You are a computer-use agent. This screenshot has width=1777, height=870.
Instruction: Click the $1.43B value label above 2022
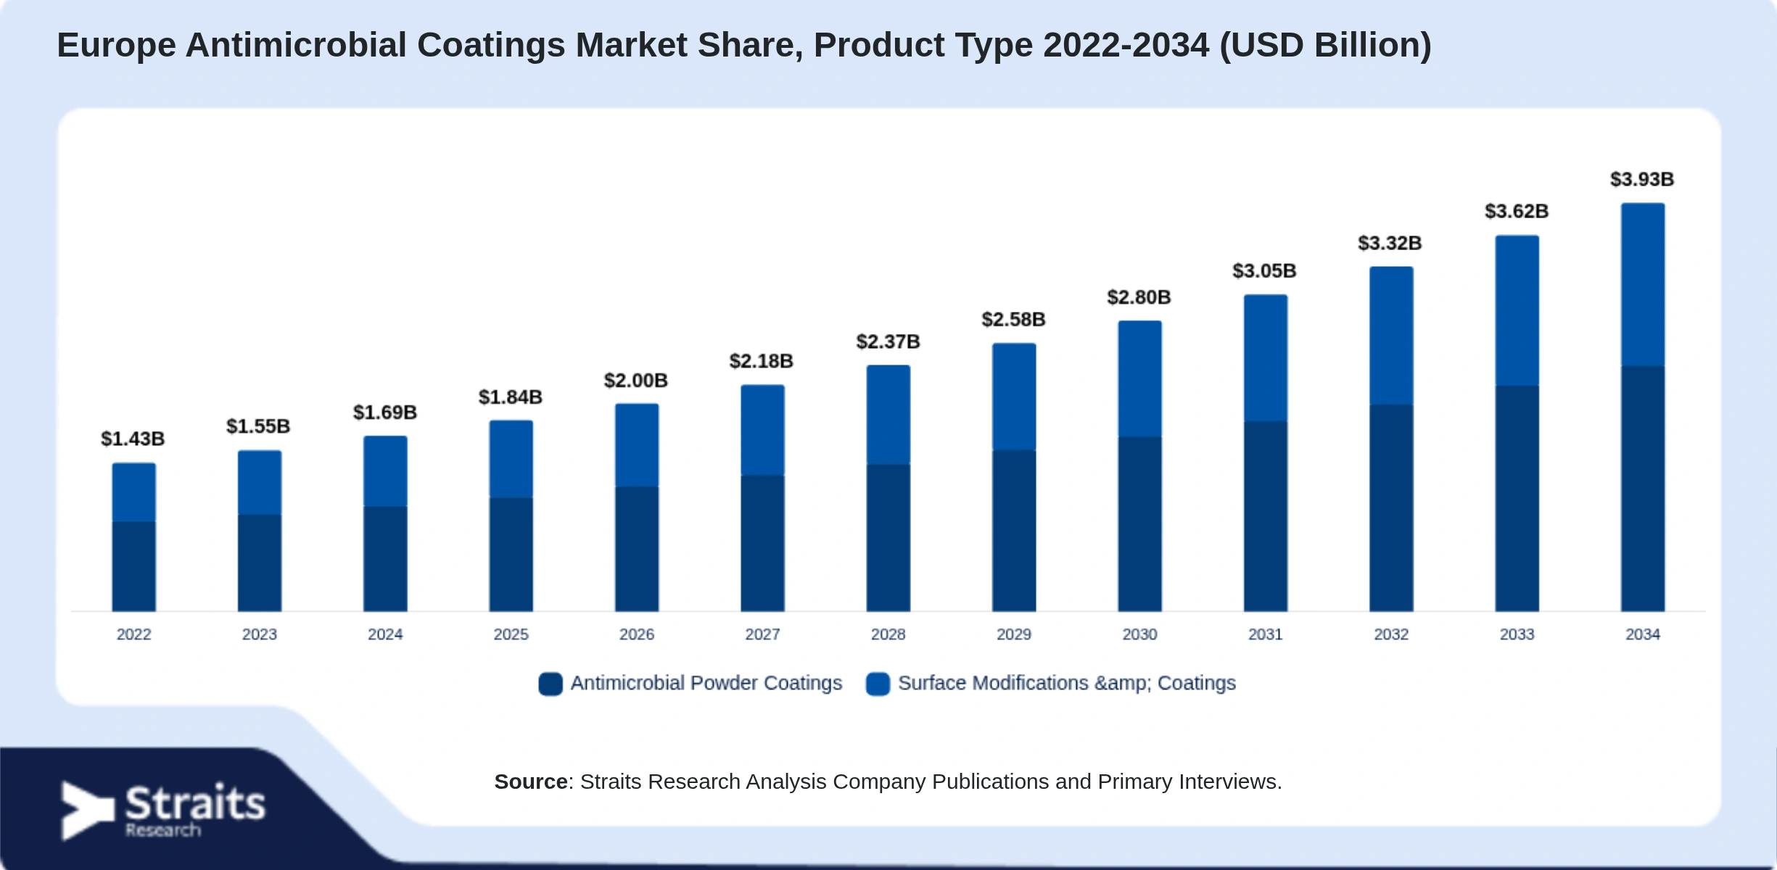pyautogui.click(x=133, y=439)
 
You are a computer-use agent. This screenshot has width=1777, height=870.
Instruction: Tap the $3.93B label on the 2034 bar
pyautogui.click(x=1642, y=179)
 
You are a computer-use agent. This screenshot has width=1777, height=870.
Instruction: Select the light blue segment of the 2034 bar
pyautogui.click(x=1643, y=285)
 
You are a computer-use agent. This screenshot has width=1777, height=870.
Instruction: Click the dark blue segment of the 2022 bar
pyautogui.click(x=133, y=566)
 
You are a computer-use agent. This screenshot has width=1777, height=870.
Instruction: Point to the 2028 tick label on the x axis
pyautogui.click(x=888, y=634)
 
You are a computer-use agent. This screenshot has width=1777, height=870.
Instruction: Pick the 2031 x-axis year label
pyautogui.click(x=1265, y=634)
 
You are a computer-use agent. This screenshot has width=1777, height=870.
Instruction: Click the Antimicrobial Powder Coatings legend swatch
pyautogui.click(x=551, y=684)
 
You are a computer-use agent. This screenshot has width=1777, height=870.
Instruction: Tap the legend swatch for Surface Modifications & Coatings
pyautogui.click(x=878, y=684)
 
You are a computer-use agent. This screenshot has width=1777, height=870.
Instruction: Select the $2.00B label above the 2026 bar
pyautogui.click(x=636, y=380)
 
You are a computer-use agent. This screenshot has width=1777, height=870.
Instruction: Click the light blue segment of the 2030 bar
pyautogui.click(x=1139, y=379)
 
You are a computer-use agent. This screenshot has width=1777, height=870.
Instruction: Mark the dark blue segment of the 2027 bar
pyautogui.click(x=762, y=543)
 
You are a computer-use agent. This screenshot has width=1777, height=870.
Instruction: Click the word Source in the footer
pyautogui.click(x=531, y=782)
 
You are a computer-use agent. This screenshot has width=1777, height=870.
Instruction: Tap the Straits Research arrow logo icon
pyautogui.click(x=87, y=810)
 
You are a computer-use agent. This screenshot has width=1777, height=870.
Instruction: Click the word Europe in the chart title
pyautogui.click(x=117, y=46)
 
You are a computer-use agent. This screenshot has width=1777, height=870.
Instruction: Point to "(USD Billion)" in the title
pyautogui.click(x=1326, y=46)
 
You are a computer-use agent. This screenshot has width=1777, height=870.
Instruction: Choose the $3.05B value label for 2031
pyautogui.click(x=1264, y=270)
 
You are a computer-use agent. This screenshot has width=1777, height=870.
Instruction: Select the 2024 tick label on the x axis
pyautogui.click(x=385, y=634)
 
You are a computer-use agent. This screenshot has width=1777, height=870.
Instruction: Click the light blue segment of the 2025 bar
pyautogui.click(x=511, y=459)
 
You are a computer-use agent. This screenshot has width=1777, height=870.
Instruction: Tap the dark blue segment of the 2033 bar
pyautogui.click(x=1517, y=499)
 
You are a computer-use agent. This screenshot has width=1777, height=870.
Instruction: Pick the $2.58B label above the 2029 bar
pyautogui.click(x=1013, y=319)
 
